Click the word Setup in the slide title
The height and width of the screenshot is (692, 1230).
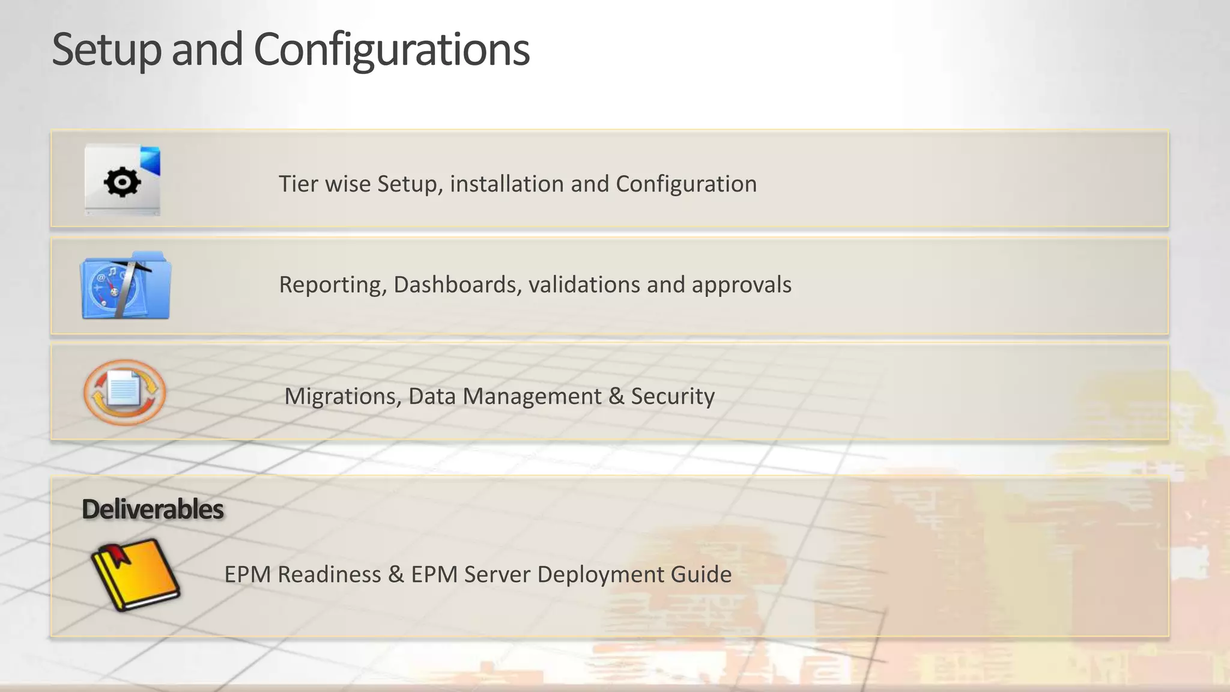pos(106,50)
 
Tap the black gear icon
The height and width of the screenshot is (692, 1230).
pos(122,182)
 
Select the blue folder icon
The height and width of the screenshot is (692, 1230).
pos(126,286)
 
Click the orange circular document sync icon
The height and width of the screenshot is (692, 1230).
pos(124,392)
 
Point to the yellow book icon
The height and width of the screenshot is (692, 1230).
pos(135,574)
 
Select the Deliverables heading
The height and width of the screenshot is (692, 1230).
pos(153,509)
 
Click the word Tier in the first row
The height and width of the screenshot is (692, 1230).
pos(298,184)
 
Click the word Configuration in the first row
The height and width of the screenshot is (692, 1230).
pos(686,184)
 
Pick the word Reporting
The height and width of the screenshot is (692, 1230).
pos(333,285)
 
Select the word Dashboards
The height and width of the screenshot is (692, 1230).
pos(457,285)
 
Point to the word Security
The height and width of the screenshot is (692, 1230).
pos(673,396)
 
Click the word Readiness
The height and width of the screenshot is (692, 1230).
pos(329,574)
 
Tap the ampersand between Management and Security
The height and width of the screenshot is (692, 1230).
pos(616,396)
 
